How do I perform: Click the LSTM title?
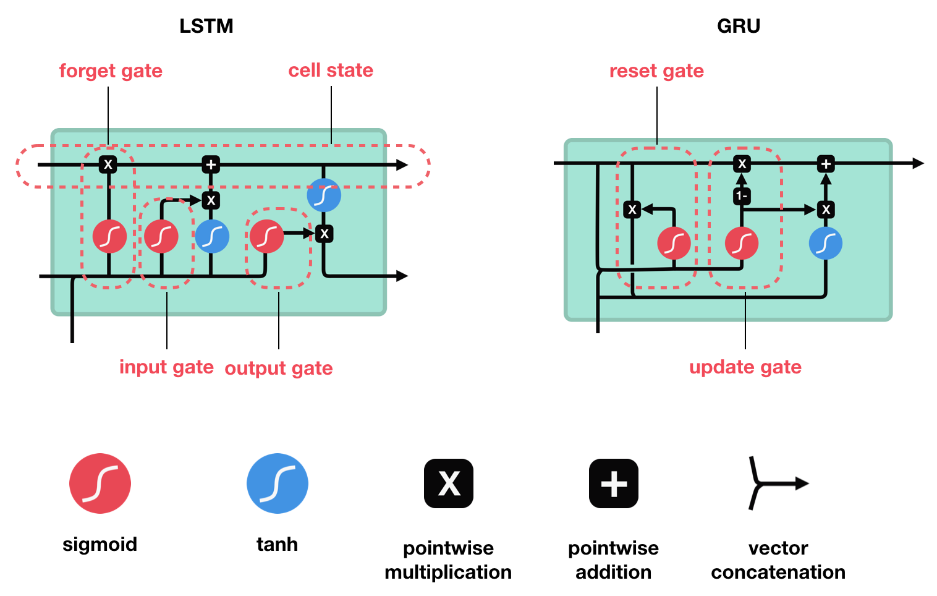click(206, 26)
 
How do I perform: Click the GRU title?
click(738, 26)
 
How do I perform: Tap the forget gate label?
click(111, 71)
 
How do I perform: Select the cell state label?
click(331, 70)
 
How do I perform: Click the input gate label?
click(166, 367)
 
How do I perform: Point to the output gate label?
click(279, 368)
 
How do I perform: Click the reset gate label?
click(656, 71)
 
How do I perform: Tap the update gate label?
click(745, 367)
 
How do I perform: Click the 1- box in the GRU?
click(742, 197)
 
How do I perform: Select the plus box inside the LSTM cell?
click(211, 164)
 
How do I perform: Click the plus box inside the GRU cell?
click(826, 164)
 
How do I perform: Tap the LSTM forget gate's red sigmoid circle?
click(109, 236)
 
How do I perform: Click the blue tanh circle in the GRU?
click(826, 243)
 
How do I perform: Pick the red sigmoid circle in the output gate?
click(266, 236)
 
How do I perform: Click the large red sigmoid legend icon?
click(100, 483)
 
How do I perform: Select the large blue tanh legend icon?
click(277, 483)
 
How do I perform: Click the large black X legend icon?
click(449, 483)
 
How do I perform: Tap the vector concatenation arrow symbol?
click(776, 483)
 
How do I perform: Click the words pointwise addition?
click(613, 560)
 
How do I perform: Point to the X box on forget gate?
click(108, 164)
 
